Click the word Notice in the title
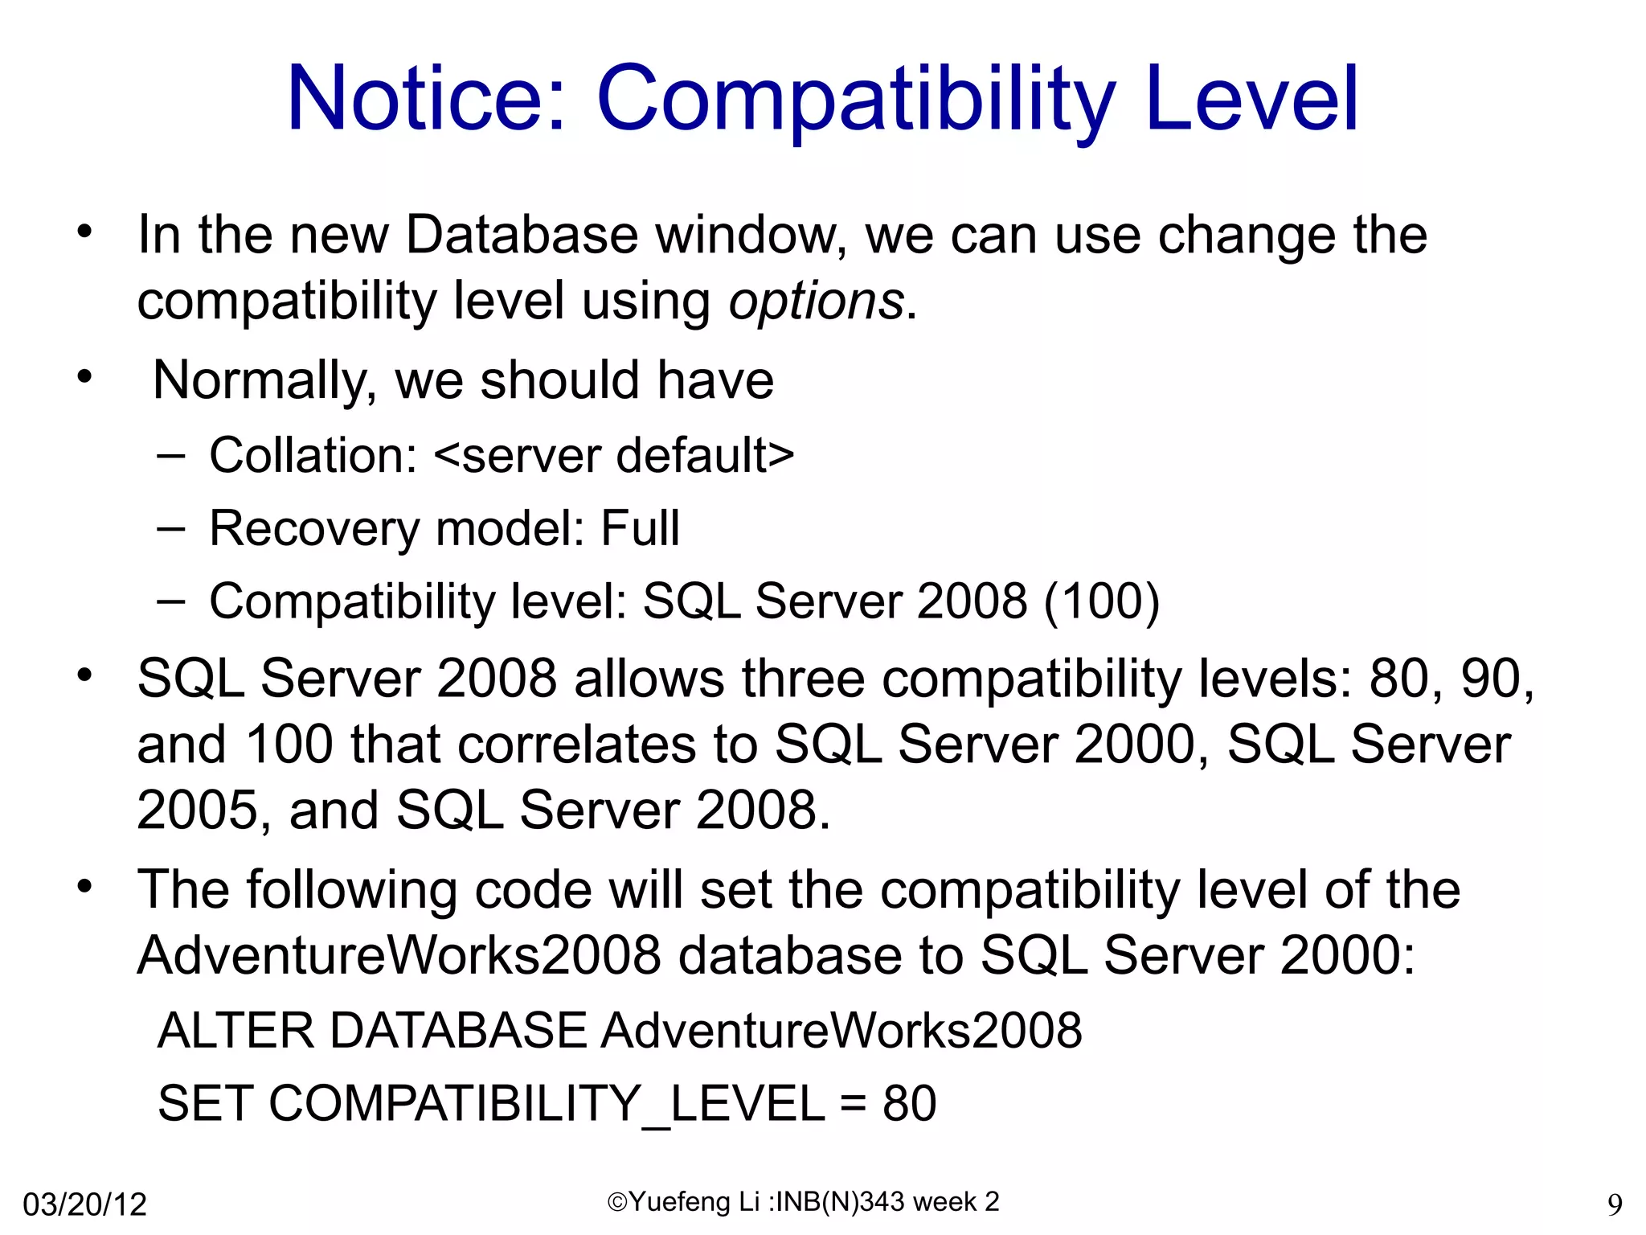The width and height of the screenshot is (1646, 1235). coord(426,98)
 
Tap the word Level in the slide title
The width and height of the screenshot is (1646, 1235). coord(1252,98)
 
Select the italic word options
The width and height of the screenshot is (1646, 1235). coord(817,302)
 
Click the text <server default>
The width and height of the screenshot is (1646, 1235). coord(614,455)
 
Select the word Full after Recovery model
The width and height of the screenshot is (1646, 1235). coord(640,528)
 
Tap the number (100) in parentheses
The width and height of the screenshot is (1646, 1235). coord(1101,601)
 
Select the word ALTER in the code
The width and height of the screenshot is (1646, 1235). coord(236,1030)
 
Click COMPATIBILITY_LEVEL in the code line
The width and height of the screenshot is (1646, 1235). coord(547,1103)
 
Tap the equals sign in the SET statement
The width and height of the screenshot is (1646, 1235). coord(854,1103)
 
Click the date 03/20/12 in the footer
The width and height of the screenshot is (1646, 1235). coord(85,1204)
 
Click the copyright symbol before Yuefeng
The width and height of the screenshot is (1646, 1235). coord(617,1202)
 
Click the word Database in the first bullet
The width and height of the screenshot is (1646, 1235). coord(522,236)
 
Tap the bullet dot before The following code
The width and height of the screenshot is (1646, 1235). coord(85,887)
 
